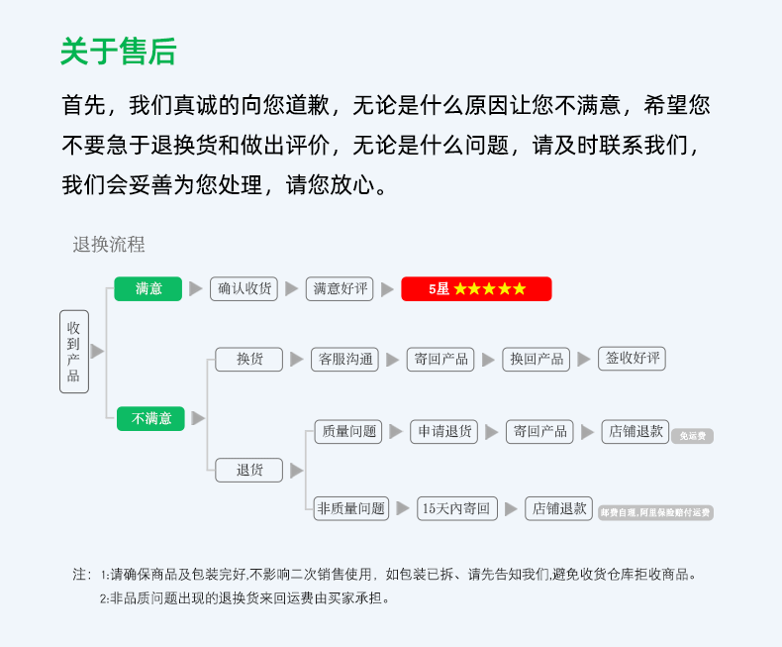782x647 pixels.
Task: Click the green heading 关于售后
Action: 118,51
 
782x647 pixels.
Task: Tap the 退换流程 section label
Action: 109,245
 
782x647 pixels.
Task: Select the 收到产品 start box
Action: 74,352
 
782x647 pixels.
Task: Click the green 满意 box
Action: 148,288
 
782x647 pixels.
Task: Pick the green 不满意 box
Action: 150,418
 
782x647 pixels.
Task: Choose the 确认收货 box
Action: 244,288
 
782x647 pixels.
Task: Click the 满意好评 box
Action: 340,288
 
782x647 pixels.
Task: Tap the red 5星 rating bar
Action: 476,288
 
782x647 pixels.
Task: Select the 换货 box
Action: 248,359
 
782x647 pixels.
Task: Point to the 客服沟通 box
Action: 343,359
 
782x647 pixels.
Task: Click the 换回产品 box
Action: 537,359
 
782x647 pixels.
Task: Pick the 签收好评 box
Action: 632,359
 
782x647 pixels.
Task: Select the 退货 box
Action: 248,470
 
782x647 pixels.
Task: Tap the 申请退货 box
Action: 444,431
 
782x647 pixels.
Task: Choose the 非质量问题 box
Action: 350,508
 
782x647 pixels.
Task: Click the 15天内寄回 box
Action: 455,508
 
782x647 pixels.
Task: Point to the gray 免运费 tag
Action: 692,435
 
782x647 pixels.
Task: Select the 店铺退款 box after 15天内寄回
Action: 558,508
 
